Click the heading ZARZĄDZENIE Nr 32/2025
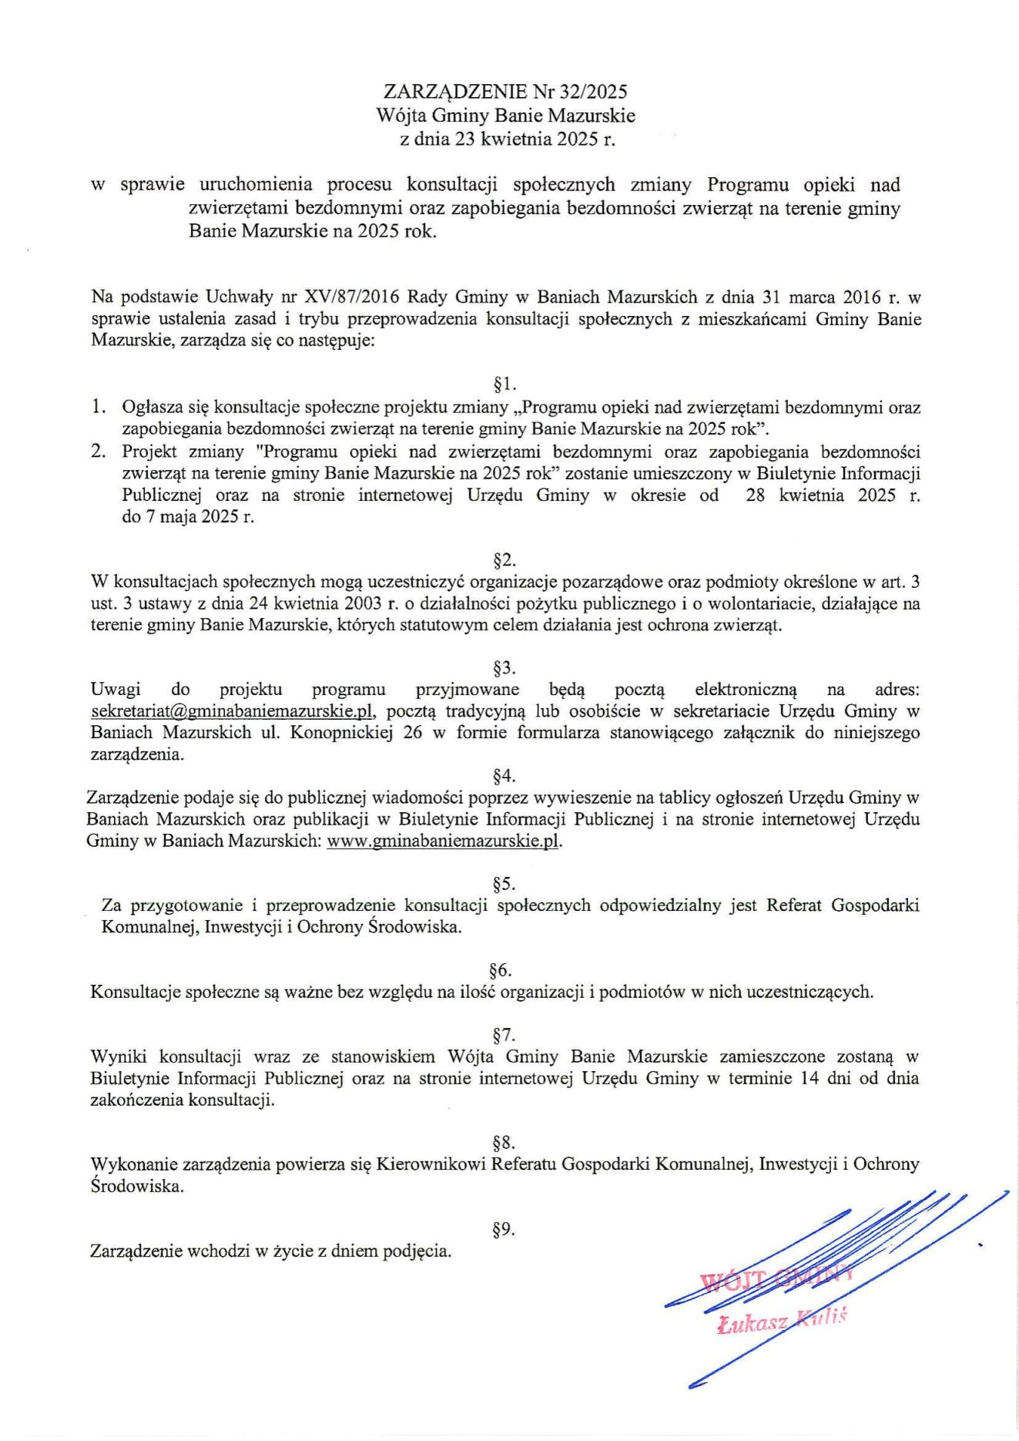point(505,92)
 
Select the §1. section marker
point(504,384)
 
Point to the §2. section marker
point(504,559)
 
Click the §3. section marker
point(504,667)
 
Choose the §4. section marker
point(504,775)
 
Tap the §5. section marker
point(504,883)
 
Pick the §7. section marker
point(504,1034)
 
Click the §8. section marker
point(504,1142)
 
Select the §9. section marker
point(504,1229)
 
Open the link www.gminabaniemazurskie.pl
point(443,841)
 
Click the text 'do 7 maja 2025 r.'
point(188,517)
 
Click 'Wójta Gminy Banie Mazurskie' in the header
point(505,116)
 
